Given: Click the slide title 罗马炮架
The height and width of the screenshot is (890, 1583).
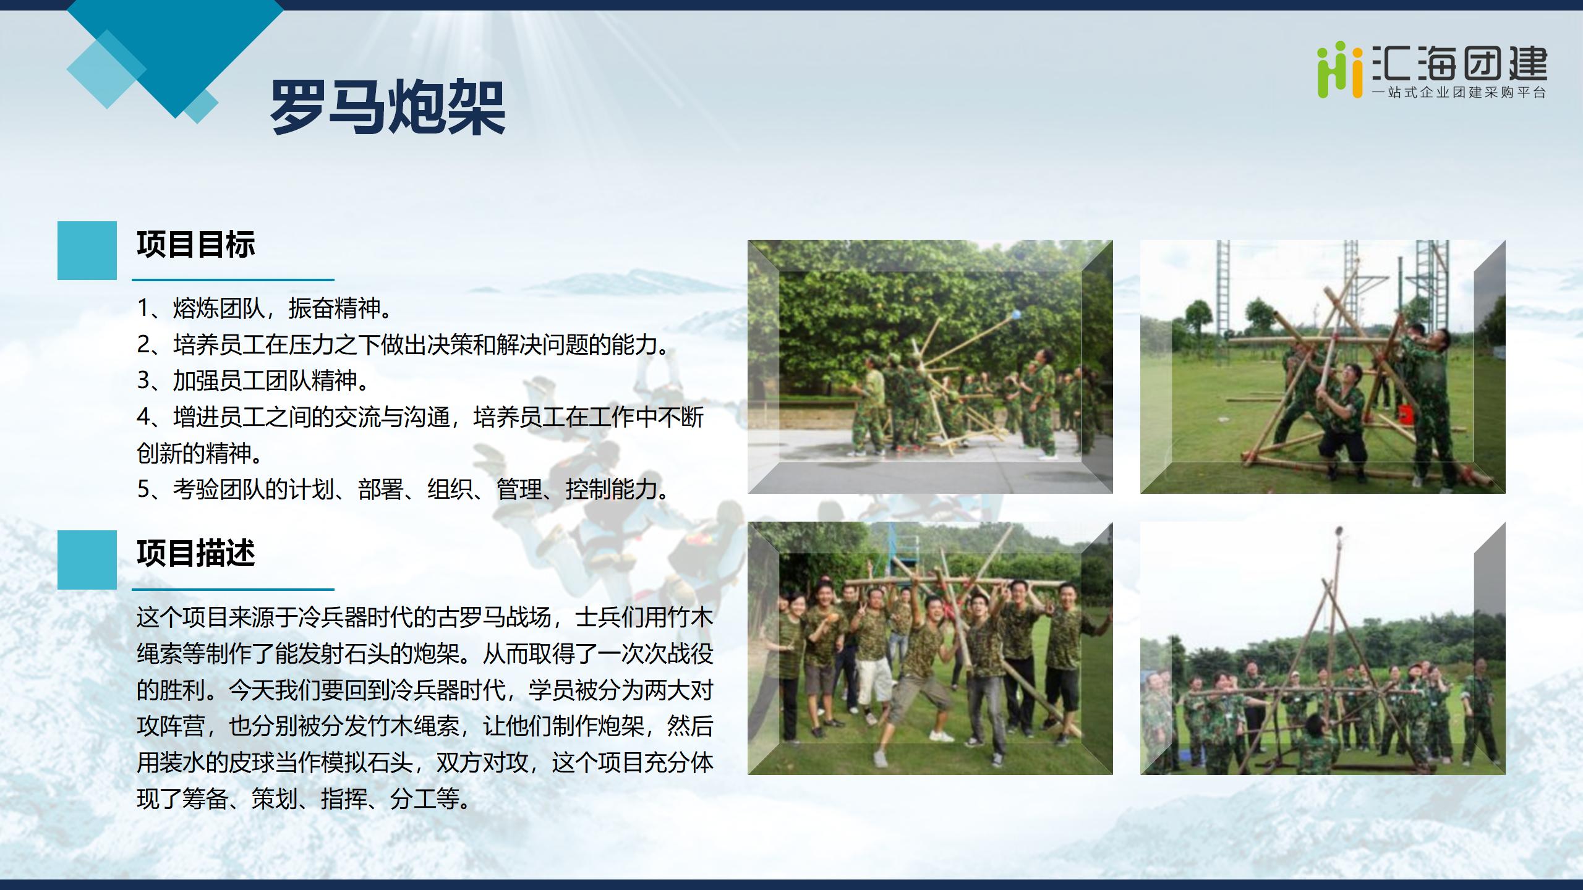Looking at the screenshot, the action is pos(388,107).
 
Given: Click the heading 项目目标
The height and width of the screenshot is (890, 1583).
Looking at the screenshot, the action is pos(195,244).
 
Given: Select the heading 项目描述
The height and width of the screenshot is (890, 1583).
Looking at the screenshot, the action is pos(195,553).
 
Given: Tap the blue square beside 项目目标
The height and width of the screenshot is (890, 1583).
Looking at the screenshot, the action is pos(87,250).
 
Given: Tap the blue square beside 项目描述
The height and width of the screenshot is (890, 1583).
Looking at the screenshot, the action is pos(87,559).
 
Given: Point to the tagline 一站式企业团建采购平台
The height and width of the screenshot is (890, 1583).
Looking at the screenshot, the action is pos(1459,93).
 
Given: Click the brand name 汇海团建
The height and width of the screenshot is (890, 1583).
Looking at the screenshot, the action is pos(1459,63).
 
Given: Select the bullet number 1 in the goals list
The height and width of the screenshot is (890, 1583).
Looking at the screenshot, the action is pos(143,308).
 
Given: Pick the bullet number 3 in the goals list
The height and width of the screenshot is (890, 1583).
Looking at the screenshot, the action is pos(143,381).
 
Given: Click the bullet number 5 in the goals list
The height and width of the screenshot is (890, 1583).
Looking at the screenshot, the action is pos(143,489).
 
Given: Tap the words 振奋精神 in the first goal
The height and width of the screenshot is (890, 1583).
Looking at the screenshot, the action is pos(334,308).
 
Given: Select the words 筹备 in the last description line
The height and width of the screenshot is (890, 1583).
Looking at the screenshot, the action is pos(205,799).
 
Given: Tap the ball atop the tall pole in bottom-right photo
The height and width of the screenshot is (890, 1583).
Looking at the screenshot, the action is pos(1339,532).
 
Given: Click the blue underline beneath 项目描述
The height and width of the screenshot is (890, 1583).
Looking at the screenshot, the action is pos(233,589).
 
